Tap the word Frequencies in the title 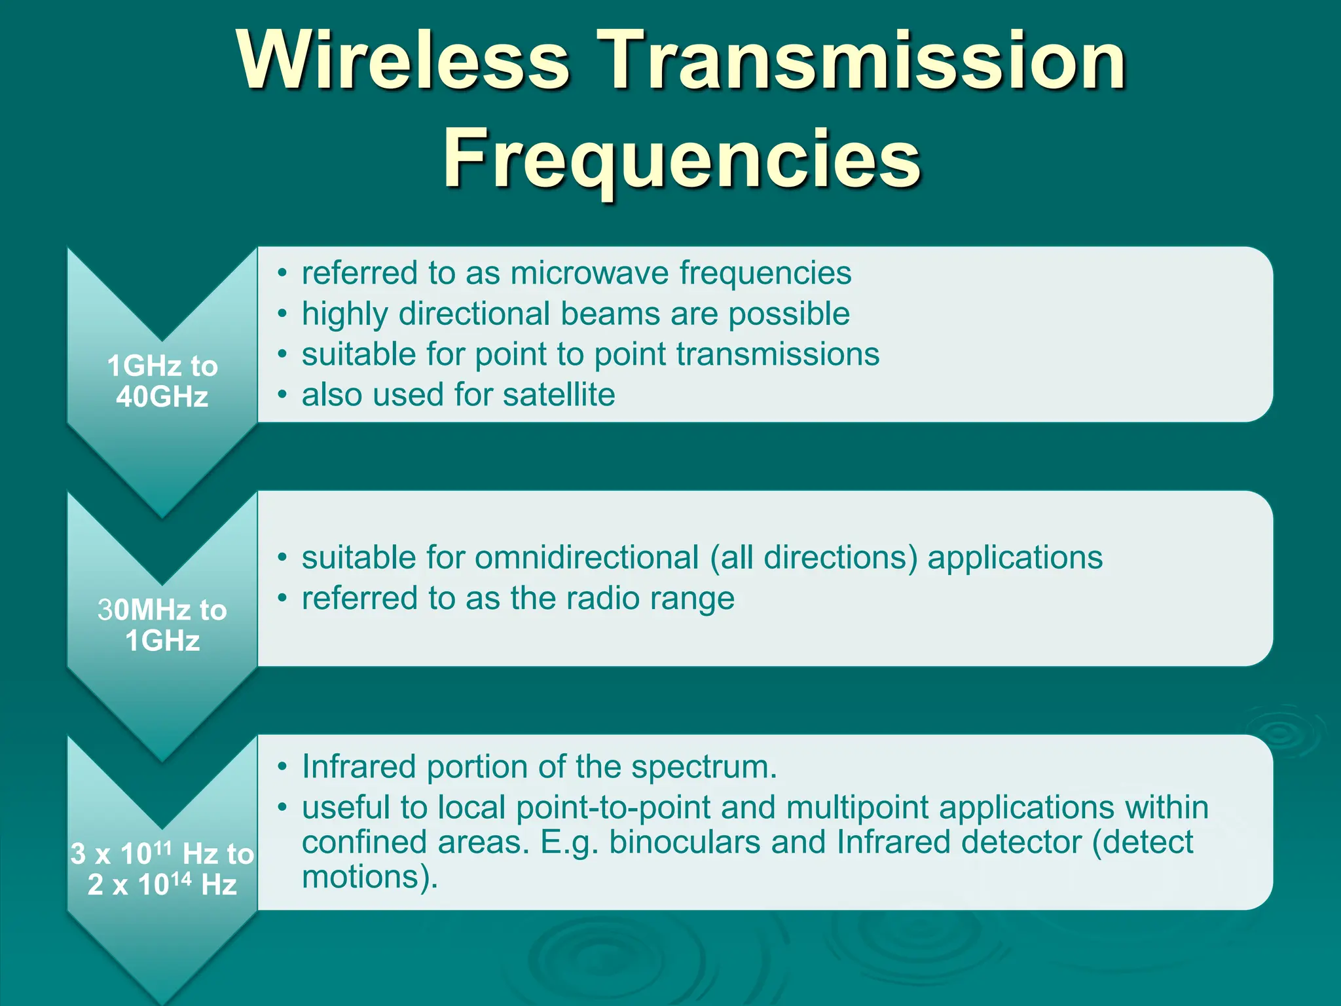(682, 159)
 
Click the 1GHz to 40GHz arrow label (162, 381)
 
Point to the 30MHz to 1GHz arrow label (162, 625)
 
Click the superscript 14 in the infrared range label (181, 878)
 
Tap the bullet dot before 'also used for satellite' (282, 394)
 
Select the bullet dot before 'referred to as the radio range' (282, 598)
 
